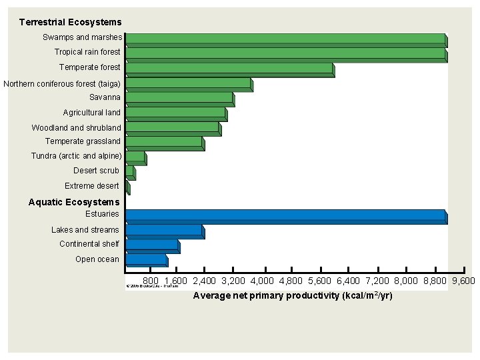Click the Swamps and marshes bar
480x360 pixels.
(x=285, y=39)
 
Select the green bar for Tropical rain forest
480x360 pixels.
(x=285, y=53)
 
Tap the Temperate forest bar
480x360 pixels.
(x=229, y=69)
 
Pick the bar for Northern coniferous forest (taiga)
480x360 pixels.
(x=189, y=83)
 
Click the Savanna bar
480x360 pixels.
(x=179, y=98)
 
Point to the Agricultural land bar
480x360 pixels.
(x=176, y=113)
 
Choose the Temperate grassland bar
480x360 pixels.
(x=164, y=142)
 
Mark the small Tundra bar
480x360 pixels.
(x=135, y=157)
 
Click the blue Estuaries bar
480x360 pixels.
(x=285, y=215)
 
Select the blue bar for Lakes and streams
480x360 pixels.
(x=164, y=231)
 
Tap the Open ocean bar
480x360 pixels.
(x=146, y=259)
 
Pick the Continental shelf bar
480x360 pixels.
(x=152, y=245)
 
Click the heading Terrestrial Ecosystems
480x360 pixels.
(x=71, y=23)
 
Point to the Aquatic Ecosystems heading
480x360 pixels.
(x=74, y=202)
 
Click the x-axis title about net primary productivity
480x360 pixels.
(x=293, y=295)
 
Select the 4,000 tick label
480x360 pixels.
(x=262, y=281)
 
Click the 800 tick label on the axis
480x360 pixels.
(x=151, y=281)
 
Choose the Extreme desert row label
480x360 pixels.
(x=92, y=186)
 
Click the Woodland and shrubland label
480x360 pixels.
(x=77, y=127)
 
